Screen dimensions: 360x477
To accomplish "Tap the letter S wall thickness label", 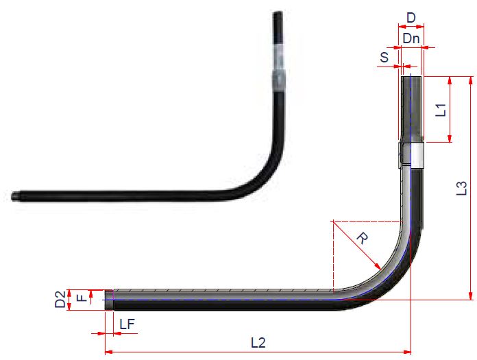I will pos(384,57).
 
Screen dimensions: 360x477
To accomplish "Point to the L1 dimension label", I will pos(442,109).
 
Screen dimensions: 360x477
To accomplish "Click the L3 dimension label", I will pos(462,187).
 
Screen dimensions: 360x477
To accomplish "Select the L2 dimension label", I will pos(258,342).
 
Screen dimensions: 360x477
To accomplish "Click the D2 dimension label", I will pos(60,300).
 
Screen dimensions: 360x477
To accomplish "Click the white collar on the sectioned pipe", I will pos(412,154).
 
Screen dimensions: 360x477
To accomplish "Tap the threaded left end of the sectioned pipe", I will pos(109,300).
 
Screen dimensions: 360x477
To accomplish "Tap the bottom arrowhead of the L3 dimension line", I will pos(470,296).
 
